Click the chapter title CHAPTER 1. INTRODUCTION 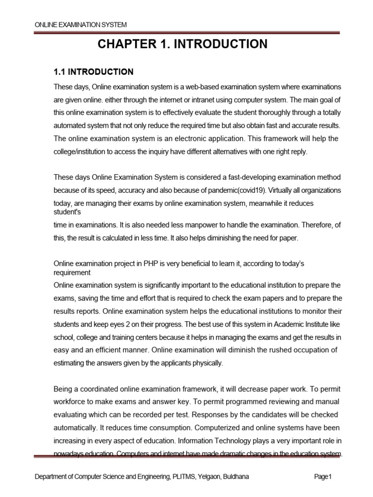[x=182, y=45]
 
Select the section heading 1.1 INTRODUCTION [x=93, y=72]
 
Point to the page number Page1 [x=322, y=477]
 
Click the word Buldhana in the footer [x=235, y=477]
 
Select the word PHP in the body [x=149, y=264]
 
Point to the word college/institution [x=79, y=151]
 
